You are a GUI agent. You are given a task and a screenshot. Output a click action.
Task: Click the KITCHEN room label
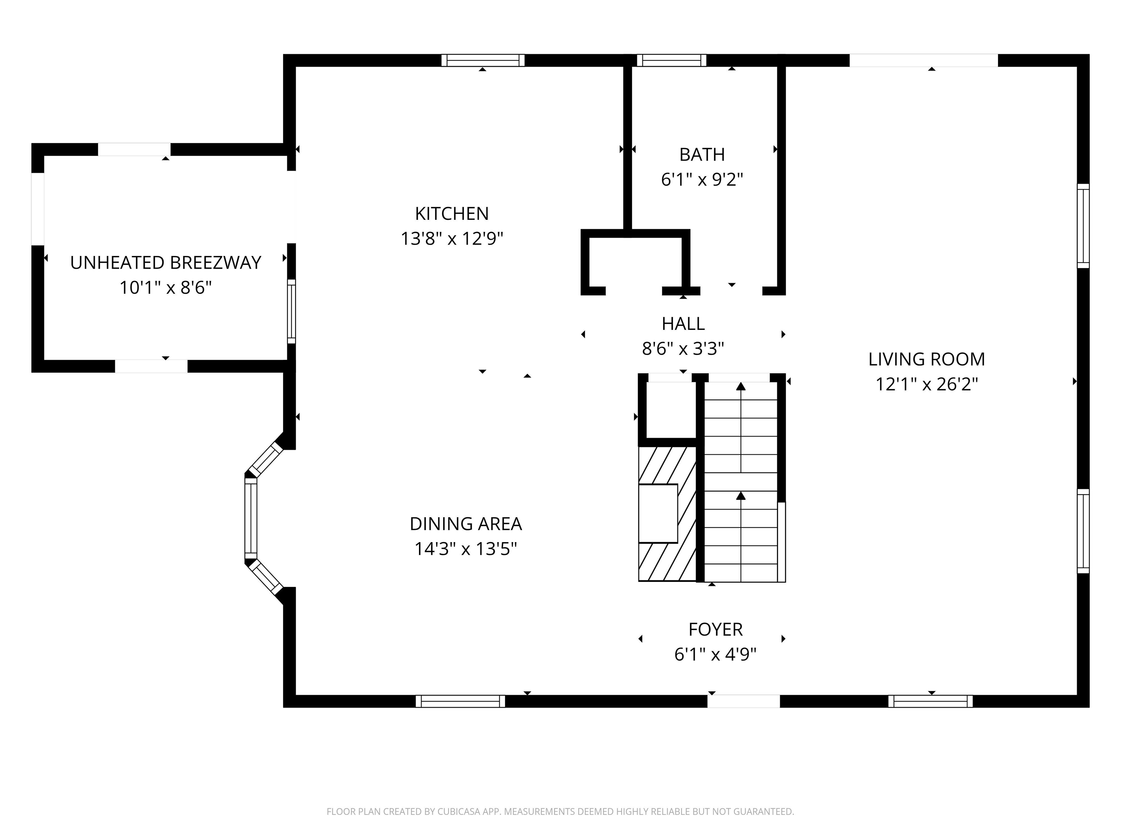pyautogui.click(x=451, y=214)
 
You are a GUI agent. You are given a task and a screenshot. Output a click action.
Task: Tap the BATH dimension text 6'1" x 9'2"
pyautogui.click(x=702, y=179)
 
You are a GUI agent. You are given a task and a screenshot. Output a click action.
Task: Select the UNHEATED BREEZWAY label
pyautogui.click(x=165, y=263)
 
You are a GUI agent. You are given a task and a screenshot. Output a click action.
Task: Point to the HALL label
pyautogui.click(x=683, y=323)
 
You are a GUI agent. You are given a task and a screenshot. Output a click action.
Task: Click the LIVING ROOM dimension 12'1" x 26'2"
pyautogui.click(x=927, y=384)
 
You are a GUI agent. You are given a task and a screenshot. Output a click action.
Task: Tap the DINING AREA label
pyautogui.click(x=465, y=524)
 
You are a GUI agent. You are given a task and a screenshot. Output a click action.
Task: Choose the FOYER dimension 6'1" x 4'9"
pyautogui.click(x=715, y=655)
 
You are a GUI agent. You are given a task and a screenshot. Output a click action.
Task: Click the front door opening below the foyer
pyautogui.click(x=743, y=701)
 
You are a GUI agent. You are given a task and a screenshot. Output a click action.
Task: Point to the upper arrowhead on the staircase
pyautogui.click(x=741, y=386)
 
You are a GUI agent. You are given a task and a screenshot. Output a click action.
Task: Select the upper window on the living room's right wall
pyautogui.click(x=1082, y=226)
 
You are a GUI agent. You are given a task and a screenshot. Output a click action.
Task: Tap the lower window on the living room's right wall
pyautogui.click(x=1082, y=531)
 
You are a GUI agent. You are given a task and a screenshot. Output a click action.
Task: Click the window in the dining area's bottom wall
pyautogui.click(x=460, y=701)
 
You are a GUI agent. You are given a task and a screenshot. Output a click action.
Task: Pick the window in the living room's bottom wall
pyautogui.click(x=930, y=701)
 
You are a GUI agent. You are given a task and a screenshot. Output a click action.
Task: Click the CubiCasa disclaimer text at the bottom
pyautogui.click(x=560, y=812)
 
